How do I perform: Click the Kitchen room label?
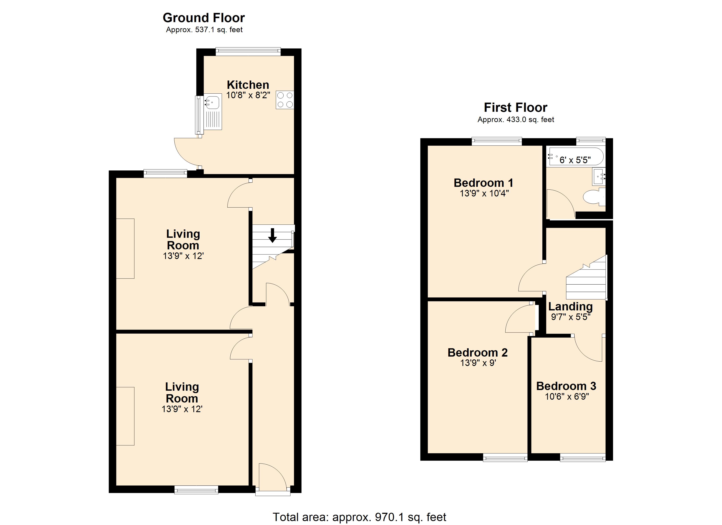(x=248, y=85)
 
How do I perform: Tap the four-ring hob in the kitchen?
(x=285, y=100)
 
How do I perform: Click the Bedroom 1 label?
(x=483, y=183)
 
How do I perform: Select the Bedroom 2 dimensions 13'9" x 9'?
(x=478, y=363)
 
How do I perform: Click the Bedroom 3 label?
(x=566, y=386)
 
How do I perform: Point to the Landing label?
(x=570, y=307)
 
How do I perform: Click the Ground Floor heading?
(x=204, y=18)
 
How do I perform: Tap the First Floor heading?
(x=515, y=108)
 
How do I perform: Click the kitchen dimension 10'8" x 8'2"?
(x=248, y=95)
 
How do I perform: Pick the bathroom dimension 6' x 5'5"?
(x=575, y=160)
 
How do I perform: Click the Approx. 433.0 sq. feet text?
(x=516, y=120)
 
